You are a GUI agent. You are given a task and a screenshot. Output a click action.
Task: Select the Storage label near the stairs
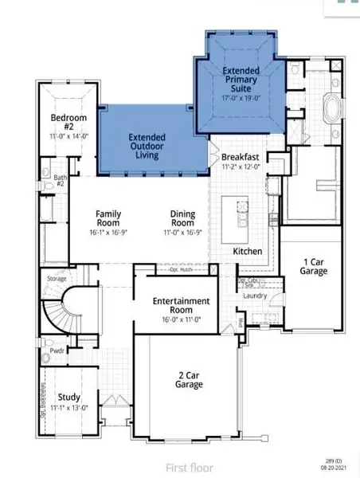pos(57,279)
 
